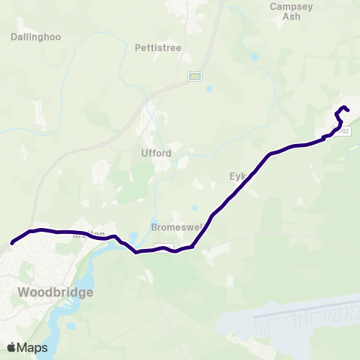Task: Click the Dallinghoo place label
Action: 36,36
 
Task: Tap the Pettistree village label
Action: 158,47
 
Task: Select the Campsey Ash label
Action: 286,14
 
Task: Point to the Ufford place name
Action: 157,153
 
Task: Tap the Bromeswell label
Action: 174,226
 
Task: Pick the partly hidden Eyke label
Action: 237,177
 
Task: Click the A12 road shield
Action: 193,76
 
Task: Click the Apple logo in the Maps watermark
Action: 12,347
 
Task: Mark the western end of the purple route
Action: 13,242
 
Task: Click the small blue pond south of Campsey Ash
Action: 255,56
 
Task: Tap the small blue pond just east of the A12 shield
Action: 209,88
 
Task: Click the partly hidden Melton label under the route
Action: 83,233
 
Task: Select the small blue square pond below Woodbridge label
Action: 70,325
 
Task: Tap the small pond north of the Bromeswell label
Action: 195,208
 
